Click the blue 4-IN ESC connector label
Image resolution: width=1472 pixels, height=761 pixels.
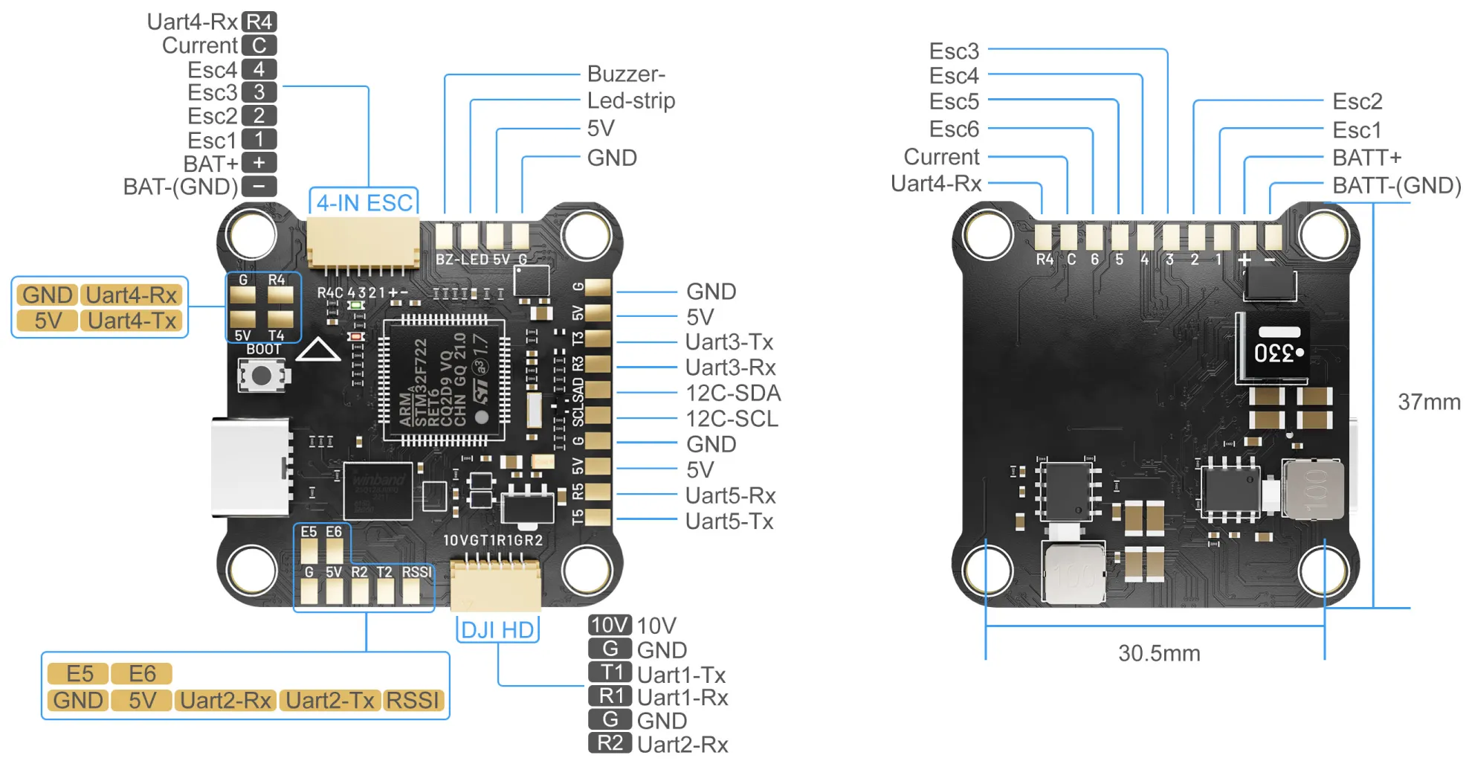pyautogui.click(x=364, y=202)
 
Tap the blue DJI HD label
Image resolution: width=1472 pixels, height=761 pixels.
pyautogui.click(x=497, y=630)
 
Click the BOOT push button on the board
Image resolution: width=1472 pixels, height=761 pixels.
pyautogui.click(x=261, y=376)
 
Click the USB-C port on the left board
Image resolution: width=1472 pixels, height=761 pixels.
pyautogui.click(x=251, y=466)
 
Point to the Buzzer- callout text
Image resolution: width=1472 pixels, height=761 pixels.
pyautogui.click(x=626, y=74)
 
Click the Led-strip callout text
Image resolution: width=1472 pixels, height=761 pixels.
pyautogui.click(x=630, y=100)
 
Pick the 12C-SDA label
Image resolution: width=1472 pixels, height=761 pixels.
pyautogui.click(x=732, y=393)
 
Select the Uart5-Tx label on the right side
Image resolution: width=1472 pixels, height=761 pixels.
pyautogui.click(x=729, y=521)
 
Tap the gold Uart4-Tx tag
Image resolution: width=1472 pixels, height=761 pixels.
pyautogui.click(x=132, y=321)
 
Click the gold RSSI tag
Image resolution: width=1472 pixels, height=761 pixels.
pyautogui.click(x=413, y=700)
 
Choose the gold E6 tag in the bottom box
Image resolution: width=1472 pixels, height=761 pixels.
pyautogui.click(x=142, y=673)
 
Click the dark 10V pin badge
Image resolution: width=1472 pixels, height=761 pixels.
pyautogui.click(x=610, y=625)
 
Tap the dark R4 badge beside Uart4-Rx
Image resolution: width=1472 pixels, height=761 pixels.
pyautogui.click(x=259, y=22)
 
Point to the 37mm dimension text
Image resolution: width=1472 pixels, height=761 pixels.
pyautogui.click(x=1428, y=402)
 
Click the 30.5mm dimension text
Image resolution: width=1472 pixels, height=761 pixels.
pyautogui.click(x=1158, y=653)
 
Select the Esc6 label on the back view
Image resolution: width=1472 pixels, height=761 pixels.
pyautogui.click(x=954, y=129)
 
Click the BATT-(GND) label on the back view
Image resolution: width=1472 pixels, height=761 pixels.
pyautogui.click(x=1395, y=185)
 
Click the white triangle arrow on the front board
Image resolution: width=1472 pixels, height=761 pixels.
pyautogui.click(x=318, y=350)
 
